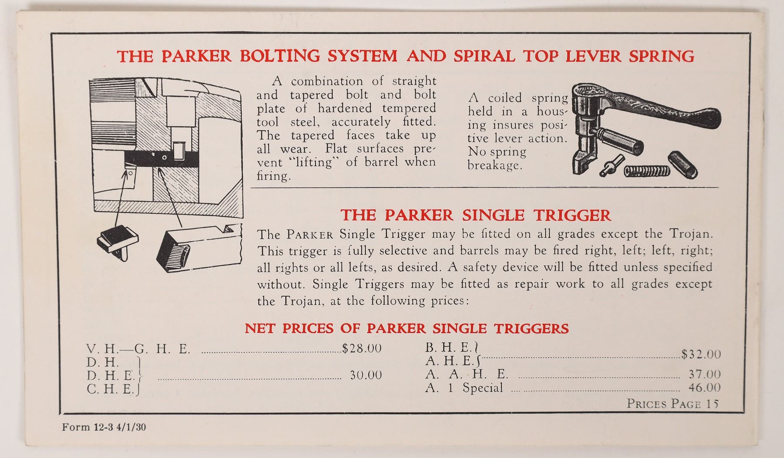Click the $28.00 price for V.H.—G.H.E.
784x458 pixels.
click(x=362, y=348)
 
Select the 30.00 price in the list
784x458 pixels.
click(x=366, y=375)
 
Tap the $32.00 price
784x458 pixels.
click(x=701, y=354)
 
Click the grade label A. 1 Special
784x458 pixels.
click(x=464, y=387)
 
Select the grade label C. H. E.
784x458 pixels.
click(x=111, y=389)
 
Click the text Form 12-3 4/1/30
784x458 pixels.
click(x=104, y=427)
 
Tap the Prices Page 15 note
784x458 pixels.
click(x=672, y=404)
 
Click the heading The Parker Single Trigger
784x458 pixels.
click(x=476, y=215)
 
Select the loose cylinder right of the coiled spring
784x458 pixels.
click(x=683, y=164)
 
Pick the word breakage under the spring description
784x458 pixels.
click(x=494, y=166)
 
